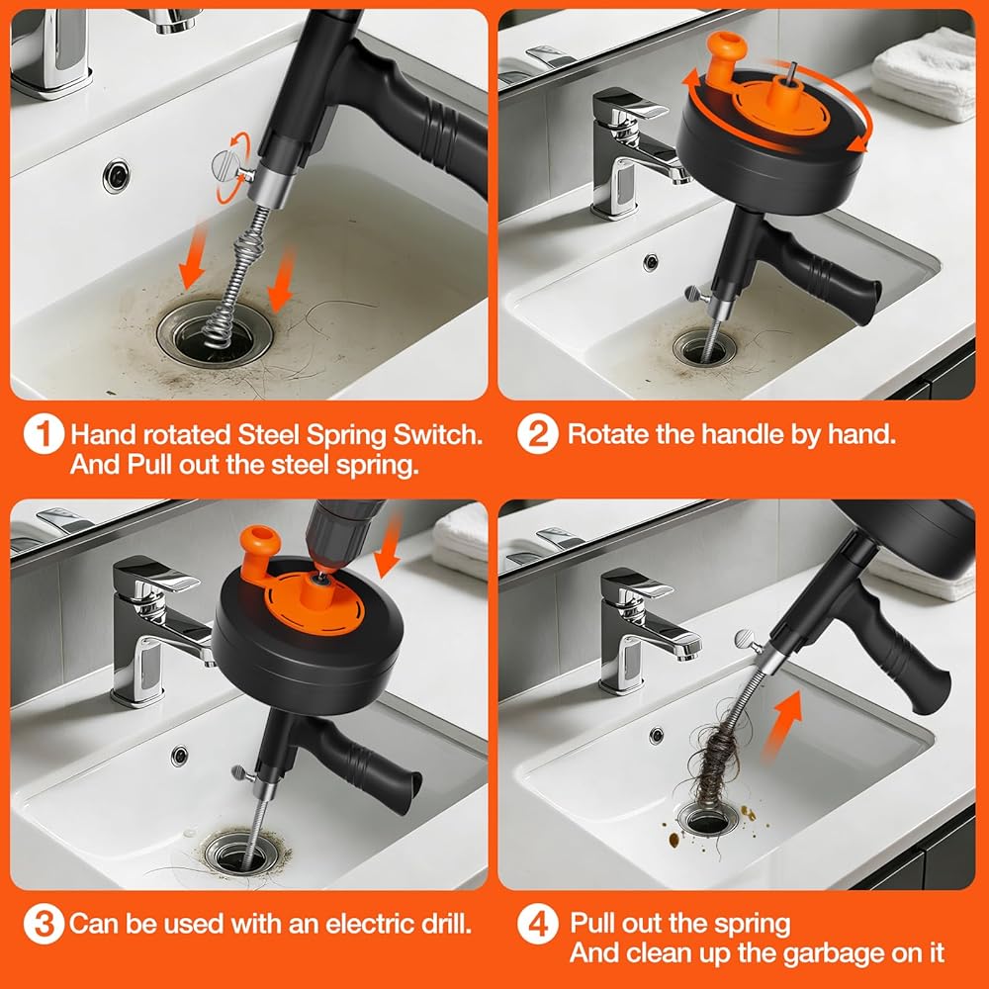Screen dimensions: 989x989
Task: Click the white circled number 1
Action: pyautogui.click(x=44, y=434)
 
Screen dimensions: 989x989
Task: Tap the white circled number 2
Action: pyautogui.click(x=537, y=434)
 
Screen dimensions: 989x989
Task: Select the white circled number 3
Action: pyautogui.click(x=44, y=924)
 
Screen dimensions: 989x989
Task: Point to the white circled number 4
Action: pyautogui.click(x=537, y=924)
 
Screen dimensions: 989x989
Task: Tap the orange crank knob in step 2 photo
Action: pyautogui.click(x=726, y=54)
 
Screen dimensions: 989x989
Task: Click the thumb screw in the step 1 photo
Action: pyautogui.click(x=229, y=167)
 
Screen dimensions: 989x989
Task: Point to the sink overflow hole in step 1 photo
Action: pyautogui.click(x=117, y=175)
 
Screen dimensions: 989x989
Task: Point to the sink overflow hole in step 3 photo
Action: pyautogui.click(x=180, y=755)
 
